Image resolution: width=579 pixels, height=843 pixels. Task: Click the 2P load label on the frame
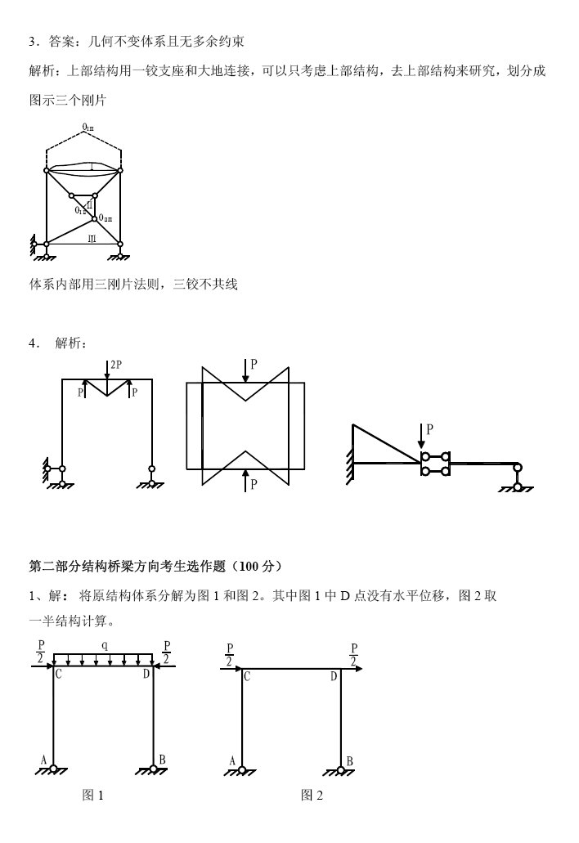tap(116, 365)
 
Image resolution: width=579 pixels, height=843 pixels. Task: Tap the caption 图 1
tap(94, 796)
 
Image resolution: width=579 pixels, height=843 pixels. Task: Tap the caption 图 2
tap(312, 796)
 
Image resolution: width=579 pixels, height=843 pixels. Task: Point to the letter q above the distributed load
tap(103, 645)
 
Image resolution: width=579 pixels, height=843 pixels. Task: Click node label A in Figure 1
tap(43, 759)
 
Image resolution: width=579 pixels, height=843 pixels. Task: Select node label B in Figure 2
tap(350, 760)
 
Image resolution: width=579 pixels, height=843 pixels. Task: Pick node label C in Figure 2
tap(247, 676)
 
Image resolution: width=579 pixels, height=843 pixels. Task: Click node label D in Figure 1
tap(146, 674)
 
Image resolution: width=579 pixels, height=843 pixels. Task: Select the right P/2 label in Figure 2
tap(354, 655)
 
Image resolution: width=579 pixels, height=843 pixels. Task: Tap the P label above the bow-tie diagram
tap(254, 365)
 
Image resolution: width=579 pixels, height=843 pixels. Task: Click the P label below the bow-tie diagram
tap(254, 484)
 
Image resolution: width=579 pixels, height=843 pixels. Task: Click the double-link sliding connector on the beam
tap(434, 464)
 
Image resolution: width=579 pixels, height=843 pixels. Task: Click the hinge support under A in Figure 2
tap(243, 769)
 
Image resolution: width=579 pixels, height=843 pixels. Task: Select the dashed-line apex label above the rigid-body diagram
tap(88, 128)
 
